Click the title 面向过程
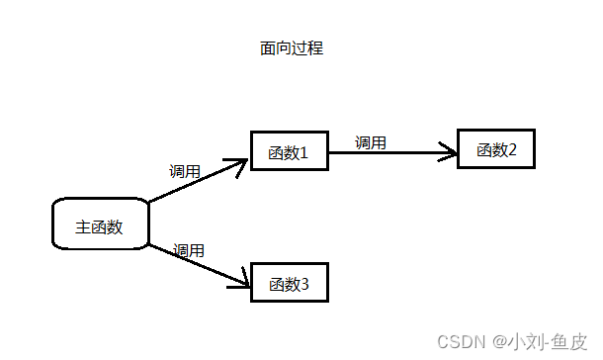tap(285, 48)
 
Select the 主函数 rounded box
tap(100, 225)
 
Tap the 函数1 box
tap(289, 152)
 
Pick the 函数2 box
tap(496, 150)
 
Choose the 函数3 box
tap(289, 284)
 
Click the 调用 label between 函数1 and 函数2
tap(370, 141)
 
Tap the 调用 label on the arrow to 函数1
tap(185, 171)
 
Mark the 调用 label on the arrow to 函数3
tap(189, 250)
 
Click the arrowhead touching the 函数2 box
tap(450, 153)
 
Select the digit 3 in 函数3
tap(304, 285)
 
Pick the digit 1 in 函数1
tap(304, 152)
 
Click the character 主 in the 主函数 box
tap(83, 226)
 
